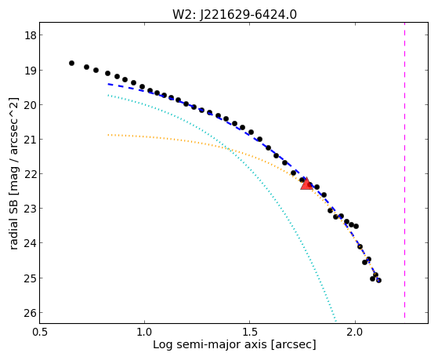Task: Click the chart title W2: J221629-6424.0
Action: coord(234,14)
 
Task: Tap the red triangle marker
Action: coord(306,184)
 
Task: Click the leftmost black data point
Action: coord(71,64)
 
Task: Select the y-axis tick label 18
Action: coord(30,35)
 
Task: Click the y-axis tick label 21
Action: coord(30,140)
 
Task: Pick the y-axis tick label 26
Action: coord(30,313)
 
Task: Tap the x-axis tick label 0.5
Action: coord(40,332)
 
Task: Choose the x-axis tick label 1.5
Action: coord(250,332)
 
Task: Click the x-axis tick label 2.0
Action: coord(355,332)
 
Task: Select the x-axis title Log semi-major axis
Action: coord(210,345)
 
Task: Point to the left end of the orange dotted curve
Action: coord(108,135)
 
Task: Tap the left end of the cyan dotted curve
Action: coord(108,96)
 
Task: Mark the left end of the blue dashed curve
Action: coord(108,84)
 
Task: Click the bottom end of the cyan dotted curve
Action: coord(336,321)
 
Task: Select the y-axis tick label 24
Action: coord(30,243)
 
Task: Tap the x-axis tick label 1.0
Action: coord(144,332)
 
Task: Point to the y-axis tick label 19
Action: coord(30,71)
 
